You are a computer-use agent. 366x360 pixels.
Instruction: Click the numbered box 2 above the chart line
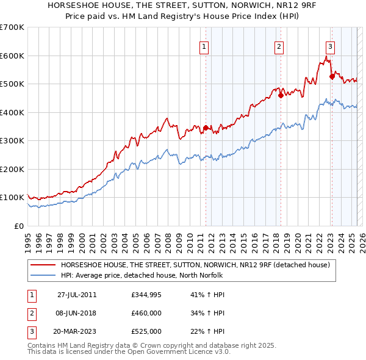pyautogui.click(x=279, y=46)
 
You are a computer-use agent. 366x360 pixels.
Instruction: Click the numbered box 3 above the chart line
pyautogui.click(x=330, y=46)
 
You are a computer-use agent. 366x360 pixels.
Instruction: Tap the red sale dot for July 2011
pyautogui.click(x=206, y=128)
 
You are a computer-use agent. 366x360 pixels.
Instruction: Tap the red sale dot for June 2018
pyautogui.click(x=281, y=95)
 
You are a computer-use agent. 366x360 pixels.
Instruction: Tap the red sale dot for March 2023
pyautogui.click(x=332, y=77)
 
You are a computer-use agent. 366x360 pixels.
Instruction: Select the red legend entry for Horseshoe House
pyautogui.click(x=195, y=265)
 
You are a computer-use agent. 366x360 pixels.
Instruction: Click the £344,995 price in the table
pyautogui.click(x=146, y=295)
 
